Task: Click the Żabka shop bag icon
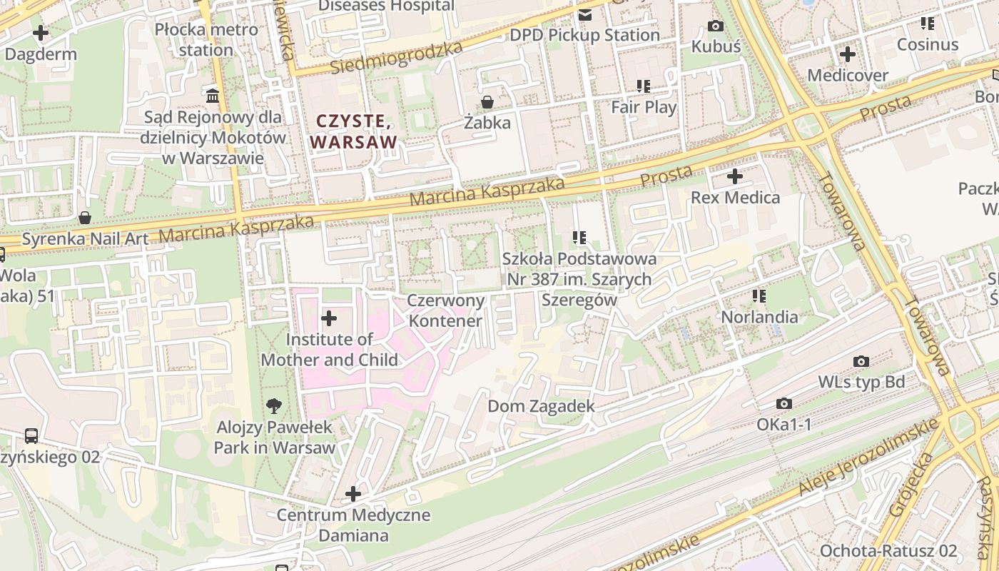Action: click(487, 102)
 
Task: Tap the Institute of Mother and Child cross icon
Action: click(329, 318)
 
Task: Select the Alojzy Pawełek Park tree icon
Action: click(273, 407)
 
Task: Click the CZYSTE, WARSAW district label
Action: click(354, 132)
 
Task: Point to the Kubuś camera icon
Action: click(715, 26)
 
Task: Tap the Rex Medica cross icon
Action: click(735, 176)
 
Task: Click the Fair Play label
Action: click(644, 107)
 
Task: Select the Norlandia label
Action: click(759, 316)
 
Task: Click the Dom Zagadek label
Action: click(541, 406)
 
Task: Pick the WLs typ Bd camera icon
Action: click(861, 362)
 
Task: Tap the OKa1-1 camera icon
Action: click(784, 404)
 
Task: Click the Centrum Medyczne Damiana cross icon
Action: click(353, 494)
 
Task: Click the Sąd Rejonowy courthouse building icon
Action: click(213, 96)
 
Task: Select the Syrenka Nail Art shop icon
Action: click(85, 218)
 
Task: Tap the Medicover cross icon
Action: click(848, 54)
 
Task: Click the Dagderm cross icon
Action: click(41, 33)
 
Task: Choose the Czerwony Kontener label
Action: click(445, 310)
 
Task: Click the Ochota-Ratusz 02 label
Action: click(888, 550)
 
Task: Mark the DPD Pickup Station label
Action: click(584, 35)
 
